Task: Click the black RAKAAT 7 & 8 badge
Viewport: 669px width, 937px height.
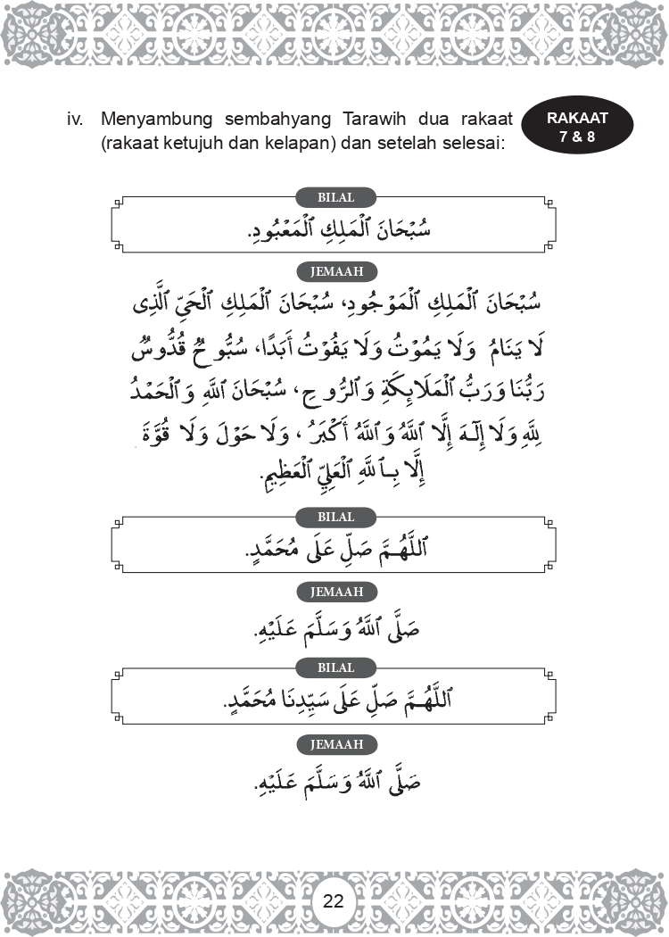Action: point(577,127)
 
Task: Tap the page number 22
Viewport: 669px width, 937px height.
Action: point(334,900)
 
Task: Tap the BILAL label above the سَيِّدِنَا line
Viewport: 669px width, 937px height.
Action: point(335,668)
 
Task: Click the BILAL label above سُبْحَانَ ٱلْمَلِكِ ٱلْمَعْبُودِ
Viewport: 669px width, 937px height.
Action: point(335,197)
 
